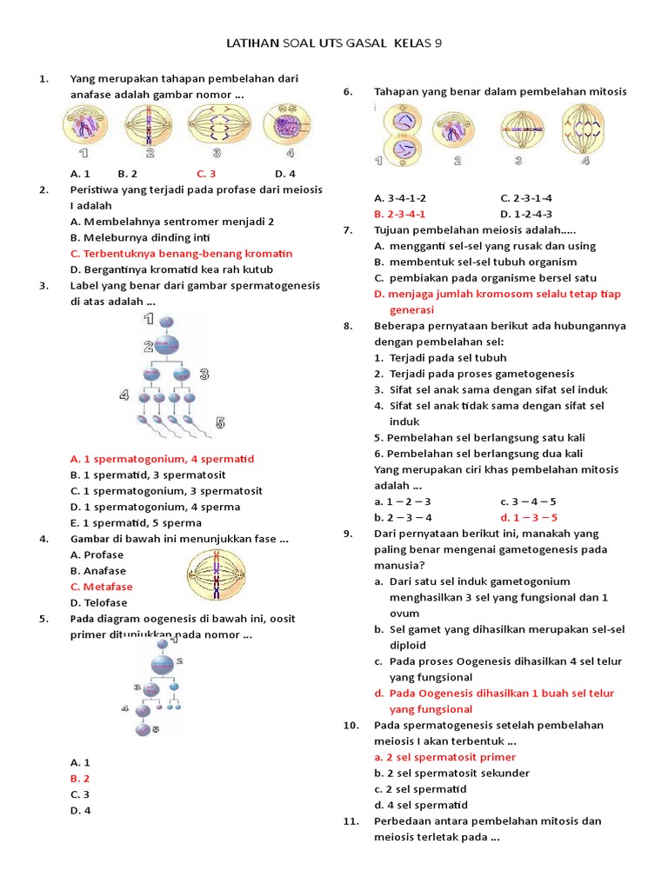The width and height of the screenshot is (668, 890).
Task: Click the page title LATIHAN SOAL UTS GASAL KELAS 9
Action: [x=339, y=43]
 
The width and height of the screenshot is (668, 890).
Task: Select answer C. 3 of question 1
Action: [x=206, y=173]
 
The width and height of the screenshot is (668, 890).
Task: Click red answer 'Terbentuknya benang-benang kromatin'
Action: [x=182, y=253]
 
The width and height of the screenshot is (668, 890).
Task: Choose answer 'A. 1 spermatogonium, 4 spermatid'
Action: [x=162, y=458]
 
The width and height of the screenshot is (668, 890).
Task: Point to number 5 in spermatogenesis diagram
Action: [x=220, y=422]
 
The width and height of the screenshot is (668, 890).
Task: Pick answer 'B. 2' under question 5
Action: [x=80, y=778]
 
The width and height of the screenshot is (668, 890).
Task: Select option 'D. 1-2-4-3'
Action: [x=526, y=214]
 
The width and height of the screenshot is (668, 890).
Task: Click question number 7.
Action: [x=348, y=229]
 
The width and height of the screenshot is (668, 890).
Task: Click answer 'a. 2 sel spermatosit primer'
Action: [x=444, y=757]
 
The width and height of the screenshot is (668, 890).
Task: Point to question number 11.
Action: [x=351, y=820]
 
